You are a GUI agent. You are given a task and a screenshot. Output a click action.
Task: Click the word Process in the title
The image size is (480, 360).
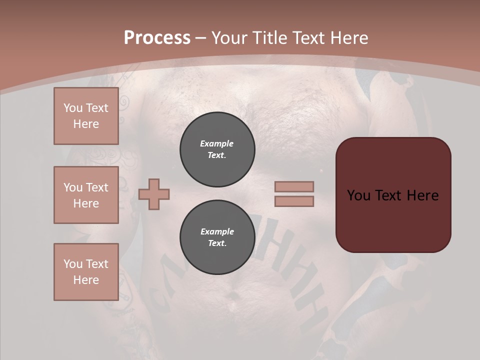tap(157, 38)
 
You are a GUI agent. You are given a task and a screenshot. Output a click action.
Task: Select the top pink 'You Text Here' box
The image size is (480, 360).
tap(86, 116)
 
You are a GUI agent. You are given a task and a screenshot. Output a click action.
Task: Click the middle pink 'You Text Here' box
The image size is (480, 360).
tap(86, 195)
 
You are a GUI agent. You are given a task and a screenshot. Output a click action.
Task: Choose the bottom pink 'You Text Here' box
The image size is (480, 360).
tap(86, 272)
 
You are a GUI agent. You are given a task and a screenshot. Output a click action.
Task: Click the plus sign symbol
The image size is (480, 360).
tap(154, 194)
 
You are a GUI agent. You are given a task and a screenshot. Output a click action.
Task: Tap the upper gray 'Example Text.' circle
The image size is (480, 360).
tap(217, 149)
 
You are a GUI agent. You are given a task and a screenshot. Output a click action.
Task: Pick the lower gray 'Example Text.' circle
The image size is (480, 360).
tap(217, 237)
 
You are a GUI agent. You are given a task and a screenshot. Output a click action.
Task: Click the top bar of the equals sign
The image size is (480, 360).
tap(294, 187)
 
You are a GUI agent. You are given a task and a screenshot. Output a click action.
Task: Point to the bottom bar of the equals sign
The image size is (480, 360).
tap(294, 201)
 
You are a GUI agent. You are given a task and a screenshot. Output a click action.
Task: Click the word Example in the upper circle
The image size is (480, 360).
tap(217, 143)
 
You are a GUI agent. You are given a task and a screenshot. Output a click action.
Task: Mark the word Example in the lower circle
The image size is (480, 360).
tap(217, 231)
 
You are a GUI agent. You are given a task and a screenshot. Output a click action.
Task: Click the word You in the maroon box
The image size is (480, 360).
tap(358, 195)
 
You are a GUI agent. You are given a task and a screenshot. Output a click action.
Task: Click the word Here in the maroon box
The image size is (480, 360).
tap(423, 195)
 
